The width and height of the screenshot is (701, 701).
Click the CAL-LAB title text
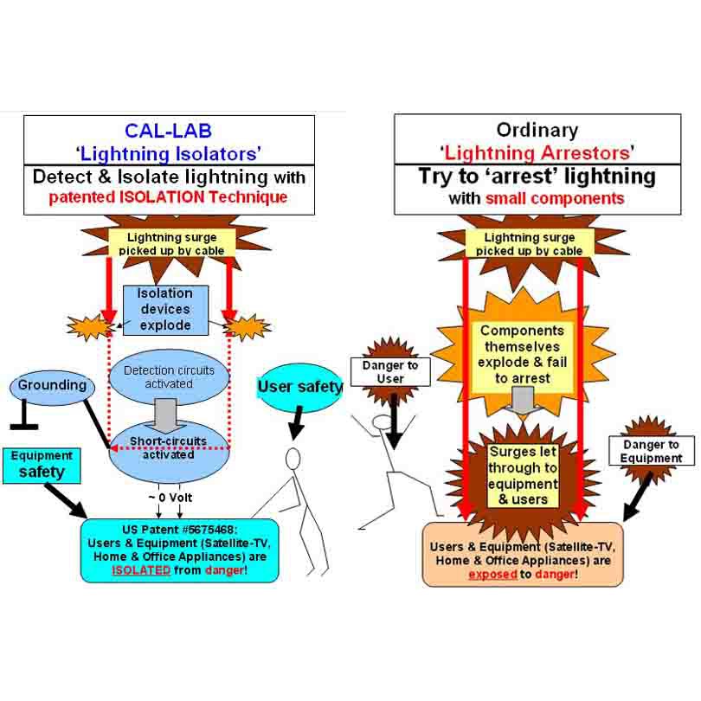coord(168,131)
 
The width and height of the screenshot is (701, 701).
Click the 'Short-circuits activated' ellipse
coord(169,447)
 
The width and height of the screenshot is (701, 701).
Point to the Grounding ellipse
coord(52,384)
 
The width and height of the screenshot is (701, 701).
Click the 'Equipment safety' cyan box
coord(41,465)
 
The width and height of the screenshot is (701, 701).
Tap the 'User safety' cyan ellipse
coord(299,386)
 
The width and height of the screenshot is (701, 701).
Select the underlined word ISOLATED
coord(141,570)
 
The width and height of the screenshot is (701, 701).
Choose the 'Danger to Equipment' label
coord(652,451)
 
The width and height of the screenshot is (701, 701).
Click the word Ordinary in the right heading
coord(537,131)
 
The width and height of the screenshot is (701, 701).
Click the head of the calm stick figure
coord(293,458)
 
